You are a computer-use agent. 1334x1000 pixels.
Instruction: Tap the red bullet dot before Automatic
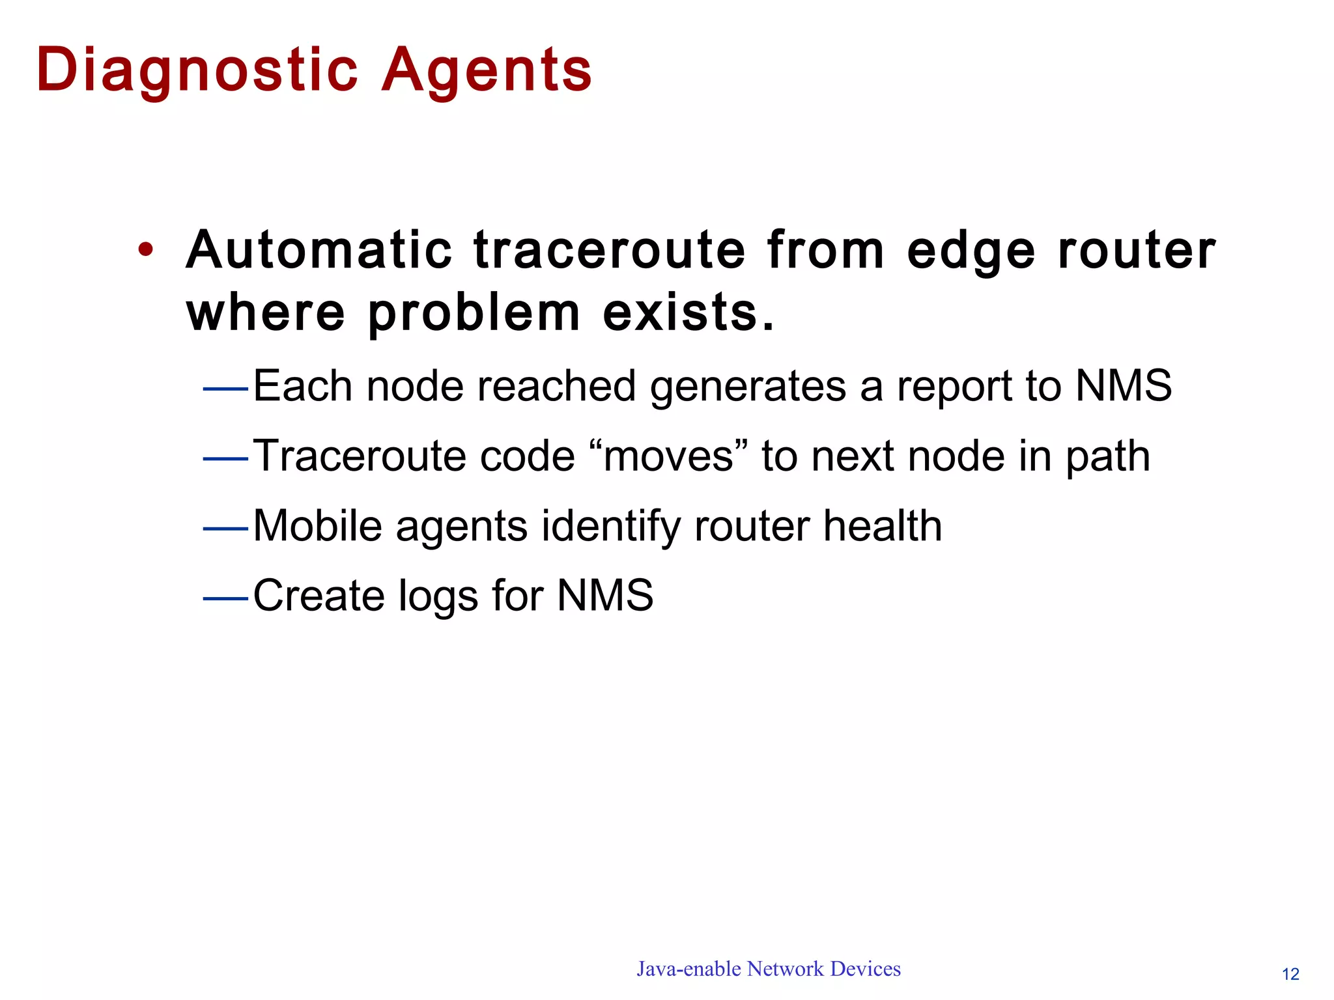[x=146, y=249]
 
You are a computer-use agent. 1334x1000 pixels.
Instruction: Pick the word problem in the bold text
[x=474, y=313]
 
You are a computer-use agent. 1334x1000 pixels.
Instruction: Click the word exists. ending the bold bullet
[x=688, y=312]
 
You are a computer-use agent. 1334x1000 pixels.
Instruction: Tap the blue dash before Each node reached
[x=225, y=389]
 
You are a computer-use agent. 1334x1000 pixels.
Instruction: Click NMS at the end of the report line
[x=1123, y=385]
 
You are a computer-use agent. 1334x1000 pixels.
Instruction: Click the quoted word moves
[x=668, y=456]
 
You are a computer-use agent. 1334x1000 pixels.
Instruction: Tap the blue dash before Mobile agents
[x=225, y=529]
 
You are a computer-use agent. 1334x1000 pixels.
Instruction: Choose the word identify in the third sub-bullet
[x=610, y=527]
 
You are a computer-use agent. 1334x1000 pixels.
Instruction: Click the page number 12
[x=1290, y=974]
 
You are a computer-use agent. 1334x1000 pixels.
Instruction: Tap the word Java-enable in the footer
[x=688, y=969]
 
